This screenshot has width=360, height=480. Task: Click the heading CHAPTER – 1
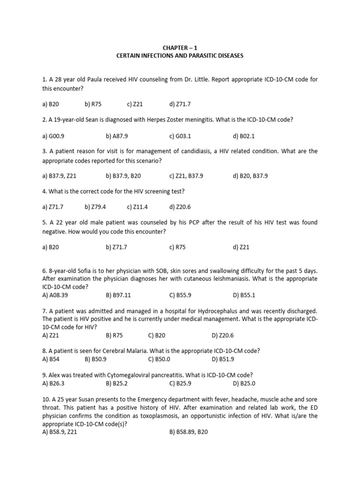pyautogui.click(x=180, y=47)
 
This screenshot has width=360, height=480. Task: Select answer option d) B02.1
pyautogui.click(x=243, y=136)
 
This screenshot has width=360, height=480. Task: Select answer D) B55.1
pyautogui.click(x=244, y=295)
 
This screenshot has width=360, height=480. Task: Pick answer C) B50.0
pyautogui.click(x=159, y=359)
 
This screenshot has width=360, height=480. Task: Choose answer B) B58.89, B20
pyautogui.click(x=188, y=432)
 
